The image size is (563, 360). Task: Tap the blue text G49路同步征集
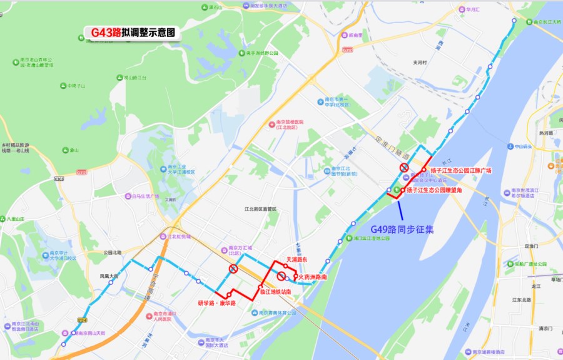[x=402, y=229]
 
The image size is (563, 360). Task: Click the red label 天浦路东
[x=297, y=259]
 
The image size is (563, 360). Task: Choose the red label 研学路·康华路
[x=216, y=303]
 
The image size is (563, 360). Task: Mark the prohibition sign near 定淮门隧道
[x=405, y=168]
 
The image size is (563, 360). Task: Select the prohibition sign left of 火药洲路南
[x=281, y=275]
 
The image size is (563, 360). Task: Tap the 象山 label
[x=74, y=150]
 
